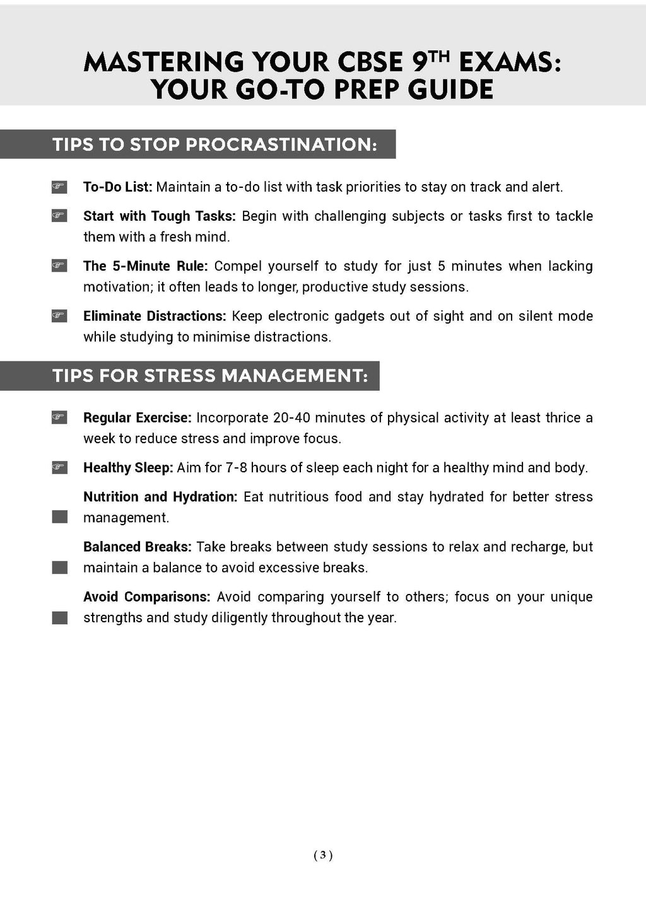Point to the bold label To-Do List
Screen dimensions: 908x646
(117, 187)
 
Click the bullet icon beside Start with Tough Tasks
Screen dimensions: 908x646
(59, 216)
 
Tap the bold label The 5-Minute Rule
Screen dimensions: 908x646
(145, 266)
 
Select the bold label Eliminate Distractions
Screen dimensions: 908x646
(155, 316)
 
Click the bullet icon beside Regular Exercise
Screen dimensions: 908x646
(59, 417)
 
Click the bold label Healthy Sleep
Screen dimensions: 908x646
(127, 468)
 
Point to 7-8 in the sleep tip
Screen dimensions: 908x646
(236, 468)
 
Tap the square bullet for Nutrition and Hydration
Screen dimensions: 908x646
(59, 517)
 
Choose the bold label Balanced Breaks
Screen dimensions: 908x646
(137, 547)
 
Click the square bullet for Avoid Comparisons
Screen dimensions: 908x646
(59, 618)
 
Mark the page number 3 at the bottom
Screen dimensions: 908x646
(323, 855)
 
